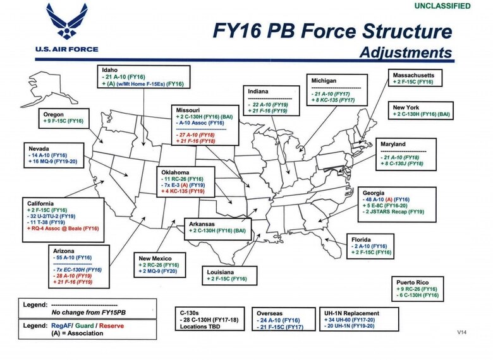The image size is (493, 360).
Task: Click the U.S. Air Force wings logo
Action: [68, 23]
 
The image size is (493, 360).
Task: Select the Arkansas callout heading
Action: [204, 223]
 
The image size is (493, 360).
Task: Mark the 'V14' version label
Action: [463, 332]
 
